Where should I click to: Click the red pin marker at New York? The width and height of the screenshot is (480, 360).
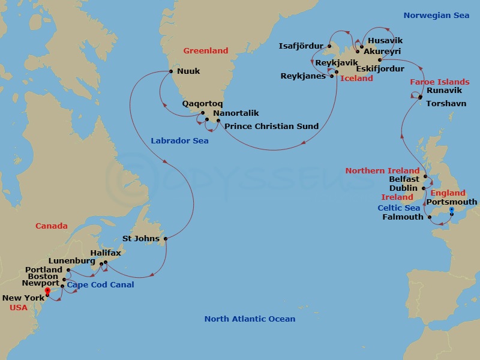point(47,293)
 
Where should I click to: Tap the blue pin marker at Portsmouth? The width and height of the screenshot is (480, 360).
point(452,210)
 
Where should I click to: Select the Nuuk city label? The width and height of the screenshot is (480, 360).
point(188,71)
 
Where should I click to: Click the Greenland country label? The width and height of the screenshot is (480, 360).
point(206,51)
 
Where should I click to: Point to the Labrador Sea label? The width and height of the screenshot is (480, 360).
point(179,141)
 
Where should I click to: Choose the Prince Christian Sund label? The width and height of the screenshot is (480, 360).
point(271,127)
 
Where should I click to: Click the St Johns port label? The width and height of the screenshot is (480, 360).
point(141,239)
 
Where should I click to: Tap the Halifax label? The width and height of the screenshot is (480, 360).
point(106,253)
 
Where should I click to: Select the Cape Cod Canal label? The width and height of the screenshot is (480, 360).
point(100,285)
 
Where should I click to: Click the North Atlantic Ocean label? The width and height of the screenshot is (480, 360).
point(250,319)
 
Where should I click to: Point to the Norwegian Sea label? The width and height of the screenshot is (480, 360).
point(436,16)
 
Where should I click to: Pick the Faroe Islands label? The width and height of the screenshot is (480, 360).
point(440,82)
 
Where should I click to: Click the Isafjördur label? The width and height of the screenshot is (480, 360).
point(301,46)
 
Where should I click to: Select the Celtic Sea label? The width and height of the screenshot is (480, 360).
point(399,208)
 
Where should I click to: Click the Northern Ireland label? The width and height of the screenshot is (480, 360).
point(382,171)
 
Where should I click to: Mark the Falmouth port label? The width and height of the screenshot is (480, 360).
point(403,217)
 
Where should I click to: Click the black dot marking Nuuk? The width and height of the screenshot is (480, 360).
point(171,71)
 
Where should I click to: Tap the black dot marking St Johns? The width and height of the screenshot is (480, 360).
point(165,239)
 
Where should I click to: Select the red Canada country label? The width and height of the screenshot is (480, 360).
point(52,226)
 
